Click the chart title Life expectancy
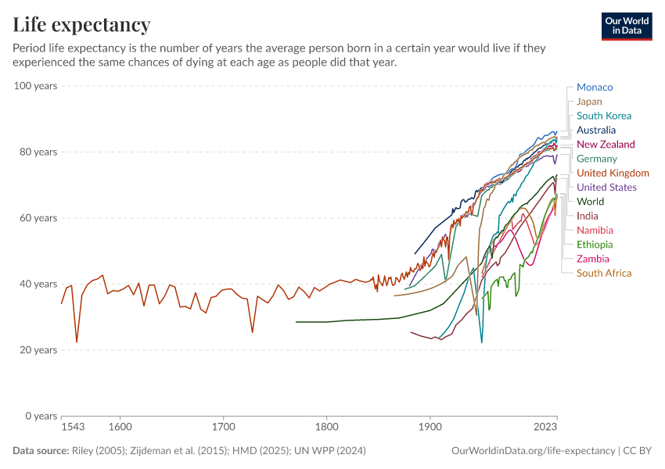[x=81, y=24]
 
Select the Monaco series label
[x=595, y=88]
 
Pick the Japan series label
[x=589, y=102]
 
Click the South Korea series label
[x=603, y=116]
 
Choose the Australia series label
[x=595, y=131]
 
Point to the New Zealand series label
[x=606, y=145]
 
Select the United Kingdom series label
[x=613, y=174]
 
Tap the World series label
[x=590, y=202]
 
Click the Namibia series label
[x=595, y=231]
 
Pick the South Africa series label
[x=603, y=273]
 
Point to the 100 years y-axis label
[x=35, y=86]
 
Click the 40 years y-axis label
[x=38, y=284]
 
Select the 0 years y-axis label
[x=41, y=416]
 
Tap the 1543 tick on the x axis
[x=72, y=428]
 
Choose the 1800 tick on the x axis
[x=327, y=428]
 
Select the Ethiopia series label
[x=595, y=245]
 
